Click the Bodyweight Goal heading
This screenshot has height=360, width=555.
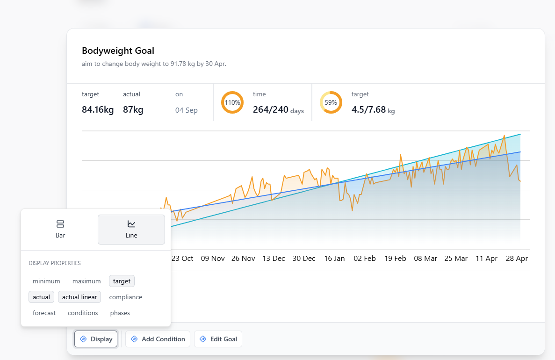tap(118, 50)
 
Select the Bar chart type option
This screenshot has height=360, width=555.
tap(60, 229)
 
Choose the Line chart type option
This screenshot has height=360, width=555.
tap(131, 229)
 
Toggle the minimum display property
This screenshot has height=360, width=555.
tap(46, 281)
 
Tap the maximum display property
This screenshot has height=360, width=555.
tap(86, 281)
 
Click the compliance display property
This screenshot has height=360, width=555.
tap(125, 297)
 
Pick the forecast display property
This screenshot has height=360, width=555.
tap(44, 313)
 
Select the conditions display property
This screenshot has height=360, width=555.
tap(83, 313)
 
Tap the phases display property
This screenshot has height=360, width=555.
tap(120, 313)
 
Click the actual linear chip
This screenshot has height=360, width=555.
tap(79, 297)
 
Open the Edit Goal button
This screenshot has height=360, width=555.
tap(218, 339)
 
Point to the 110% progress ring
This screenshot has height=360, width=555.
tap(232, 102)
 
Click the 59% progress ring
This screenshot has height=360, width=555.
tap(331, 102)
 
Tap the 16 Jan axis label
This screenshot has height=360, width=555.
tap(334, 259)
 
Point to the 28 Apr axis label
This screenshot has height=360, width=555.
tap(516, 259)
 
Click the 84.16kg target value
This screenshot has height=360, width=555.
tap(98, 110)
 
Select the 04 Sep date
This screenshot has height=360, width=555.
tap(187, 110)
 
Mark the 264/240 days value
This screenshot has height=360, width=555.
tap(278, 110)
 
